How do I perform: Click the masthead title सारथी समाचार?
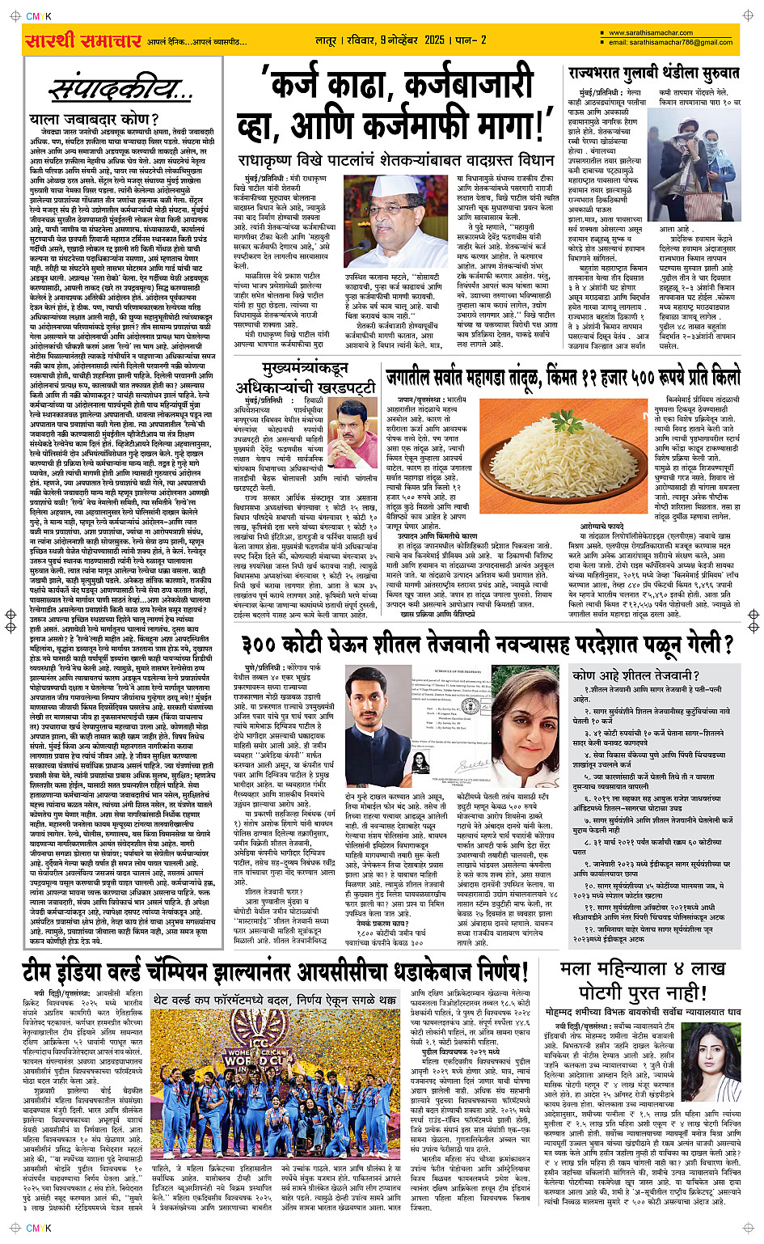(x=83, y=40)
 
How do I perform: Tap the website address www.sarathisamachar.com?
(x=650, y=33)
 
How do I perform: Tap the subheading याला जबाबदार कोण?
(x=95, y=120)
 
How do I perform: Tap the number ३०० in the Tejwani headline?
(x=271, y=644)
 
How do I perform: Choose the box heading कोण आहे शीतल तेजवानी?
(x=635, y=675)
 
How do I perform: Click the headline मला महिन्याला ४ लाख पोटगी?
(x=643, y=980)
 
